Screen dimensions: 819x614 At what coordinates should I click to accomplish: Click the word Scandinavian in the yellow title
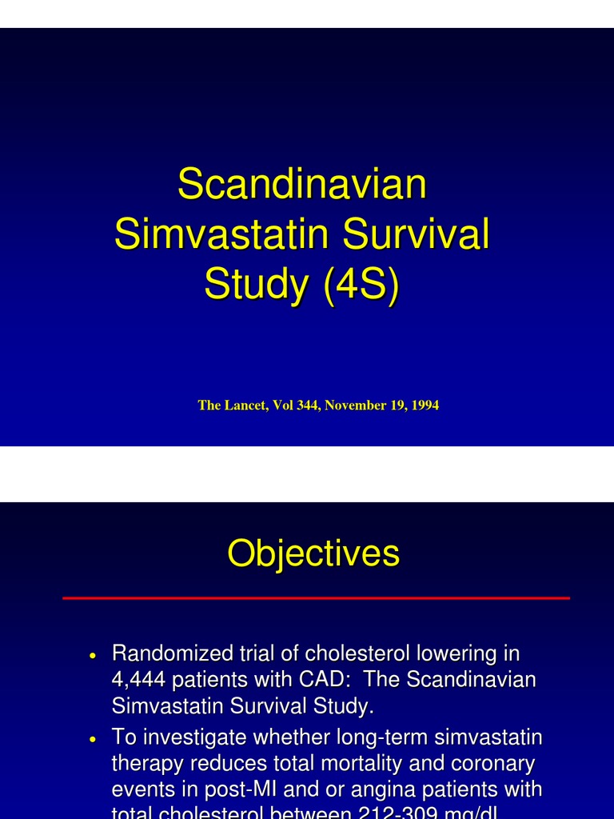tap(302, 185)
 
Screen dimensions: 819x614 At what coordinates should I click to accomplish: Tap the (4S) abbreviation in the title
tap(361, 285)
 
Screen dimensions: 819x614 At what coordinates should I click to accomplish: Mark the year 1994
tap(425, 406)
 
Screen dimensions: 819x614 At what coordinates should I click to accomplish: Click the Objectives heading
tap(313, 553)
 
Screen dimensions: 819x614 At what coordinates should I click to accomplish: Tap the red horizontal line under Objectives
tap(316, 597)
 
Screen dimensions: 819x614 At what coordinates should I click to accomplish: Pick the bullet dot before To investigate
tap(94, 737)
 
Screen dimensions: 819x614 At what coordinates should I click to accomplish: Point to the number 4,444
tap(138, 681)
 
